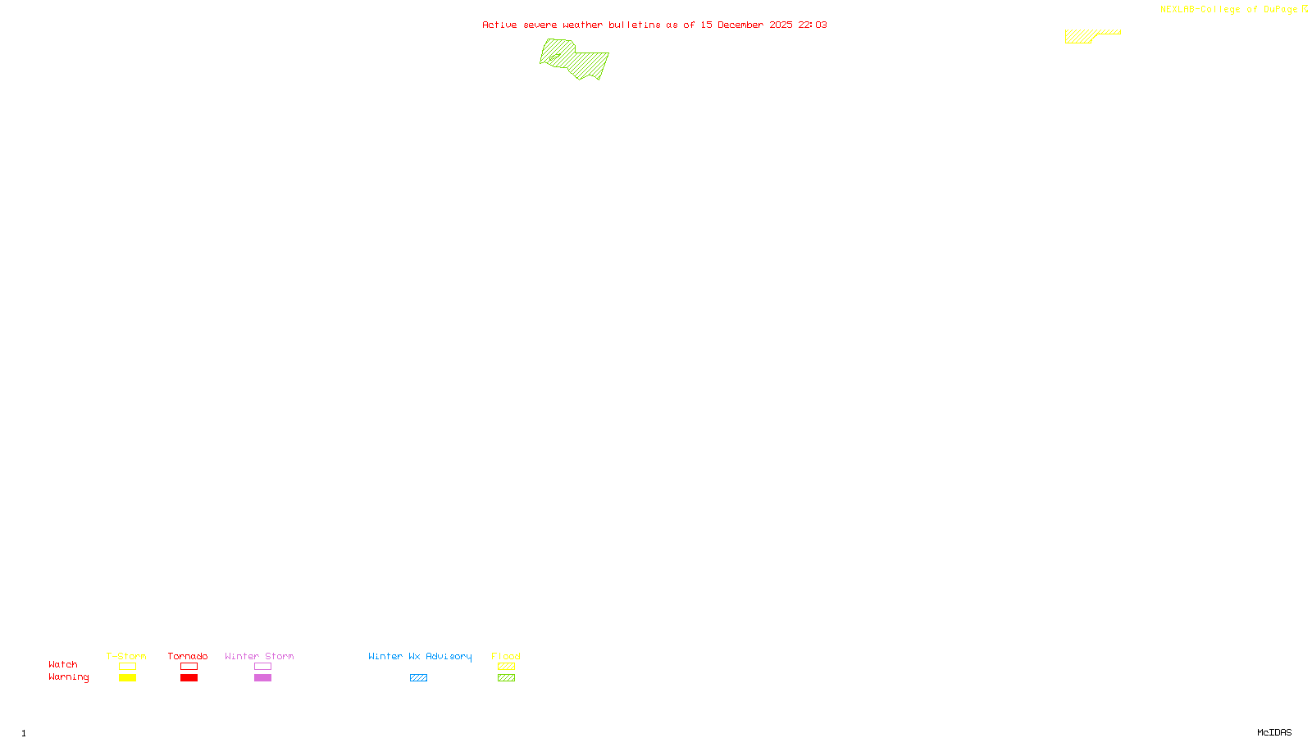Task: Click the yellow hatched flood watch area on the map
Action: click(x=1081, y=36)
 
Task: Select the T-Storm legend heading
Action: click(x=126, y=656)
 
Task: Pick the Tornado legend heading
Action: click(x=188, y=656)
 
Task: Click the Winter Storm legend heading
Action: click(x=259, y=656)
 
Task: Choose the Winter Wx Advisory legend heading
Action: click(x=420, y=656)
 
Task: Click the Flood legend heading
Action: click(x=506, y=656)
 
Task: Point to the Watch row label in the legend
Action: click(x=63, y=664)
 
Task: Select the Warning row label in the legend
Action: click(x=69, y=677)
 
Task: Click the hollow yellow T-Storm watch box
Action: click(x=127, y=667)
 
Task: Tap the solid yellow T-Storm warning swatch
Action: click(x=127, y=678)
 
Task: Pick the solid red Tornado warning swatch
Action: click(x=189, y=678)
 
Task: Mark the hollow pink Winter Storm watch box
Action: click(x=262, y=667)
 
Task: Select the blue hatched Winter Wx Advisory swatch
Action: click(x=418, y=678)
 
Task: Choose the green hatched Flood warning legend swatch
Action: click(x=506, y=678)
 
